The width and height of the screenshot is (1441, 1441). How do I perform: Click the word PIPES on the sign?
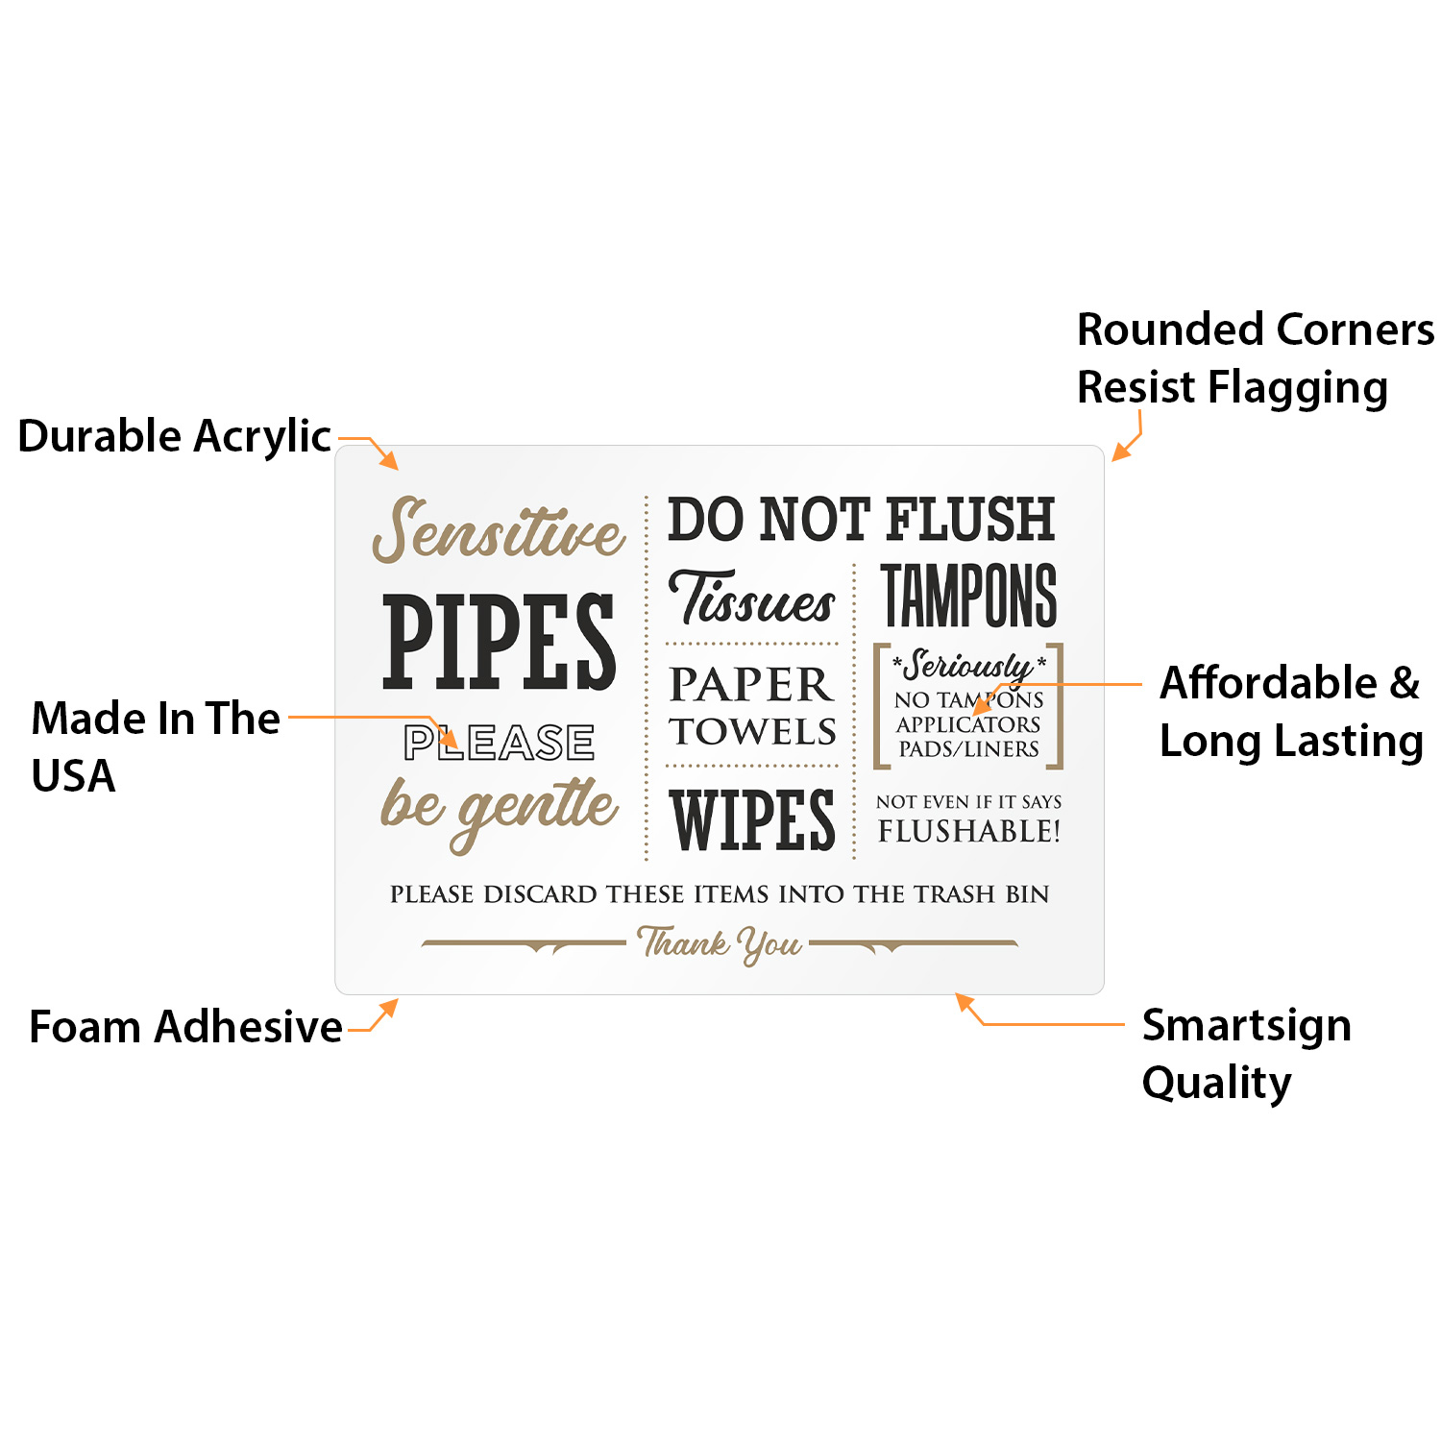(x=499, y=642)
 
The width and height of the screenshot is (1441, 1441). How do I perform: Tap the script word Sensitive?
(x=499, y=531)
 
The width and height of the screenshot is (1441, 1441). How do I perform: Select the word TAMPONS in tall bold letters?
(x=968, y=597)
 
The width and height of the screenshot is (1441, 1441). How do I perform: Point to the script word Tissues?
(x=752, y=600)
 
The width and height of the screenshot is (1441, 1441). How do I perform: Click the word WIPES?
(x=752, y=821)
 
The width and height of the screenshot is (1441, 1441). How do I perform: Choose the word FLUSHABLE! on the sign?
(x=968, y=832)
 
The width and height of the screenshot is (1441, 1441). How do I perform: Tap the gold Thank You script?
(x=720, y=943)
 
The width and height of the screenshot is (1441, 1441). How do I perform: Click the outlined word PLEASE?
(x=499, y=743)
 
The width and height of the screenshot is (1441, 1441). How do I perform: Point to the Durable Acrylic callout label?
(x=174, y=436)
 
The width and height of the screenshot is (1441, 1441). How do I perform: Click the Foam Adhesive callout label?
(x=185, y=1027)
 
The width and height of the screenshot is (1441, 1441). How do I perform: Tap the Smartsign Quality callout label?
(x=1246, y=1054)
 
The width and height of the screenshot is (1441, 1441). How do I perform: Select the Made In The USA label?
(x=155, y=746)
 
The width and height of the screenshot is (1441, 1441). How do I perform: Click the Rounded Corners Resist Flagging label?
(x=1255, y=358)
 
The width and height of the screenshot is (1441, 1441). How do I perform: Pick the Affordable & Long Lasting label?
(x=1290, y=712)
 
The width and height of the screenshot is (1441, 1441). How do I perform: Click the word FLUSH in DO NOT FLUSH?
(x=970, y=520)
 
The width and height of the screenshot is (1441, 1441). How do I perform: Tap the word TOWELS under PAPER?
(x=752, y=732)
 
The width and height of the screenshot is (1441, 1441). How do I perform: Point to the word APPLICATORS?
(x=968, y=724)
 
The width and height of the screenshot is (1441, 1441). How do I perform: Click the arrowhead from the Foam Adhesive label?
(x=389, y=1007)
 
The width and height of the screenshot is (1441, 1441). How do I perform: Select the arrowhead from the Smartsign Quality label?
(x=964, y=1002)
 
